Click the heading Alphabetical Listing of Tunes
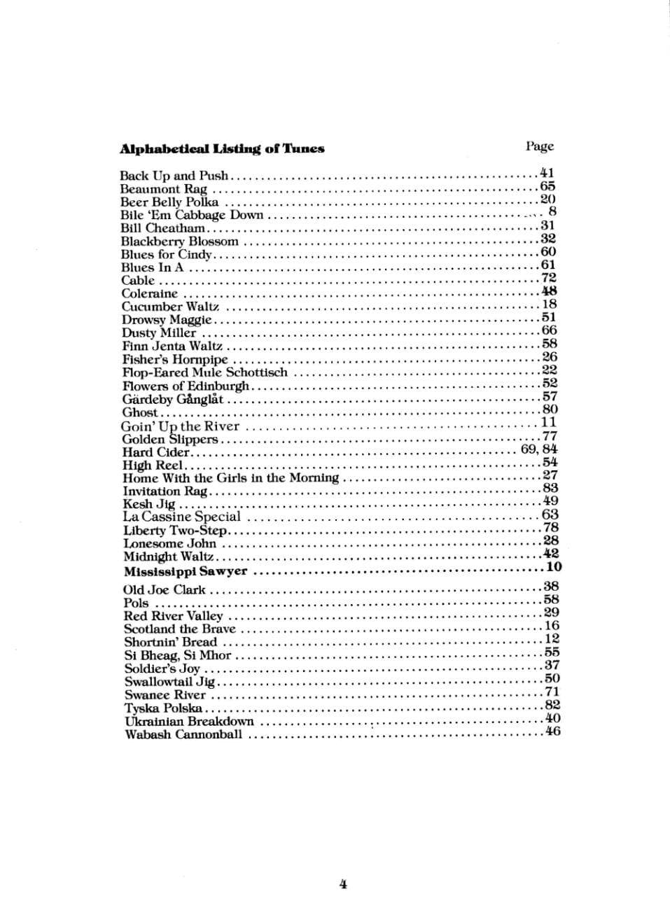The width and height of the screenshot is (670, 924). (222, 148)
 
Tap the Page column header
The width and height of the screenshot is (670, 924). (539, 146)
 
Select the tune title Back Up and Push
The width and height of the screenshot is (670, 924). (174, 176)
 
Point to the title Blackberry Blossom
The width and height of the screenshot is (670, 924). (180, 241)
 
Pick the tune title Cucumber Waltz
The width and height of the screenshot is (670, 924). (170, 307)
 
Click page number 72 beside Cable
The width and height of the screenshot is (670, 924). (549, 279)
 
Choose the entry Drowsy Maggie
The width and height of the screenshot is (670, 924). (167, 320)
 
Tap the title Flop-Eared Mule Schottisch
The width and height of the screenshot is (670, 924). (204, 372)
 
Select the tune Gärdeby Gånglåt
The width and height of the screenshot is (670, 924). (173, 400)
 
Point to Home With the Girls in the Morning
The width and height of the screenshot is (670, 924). (230, 478)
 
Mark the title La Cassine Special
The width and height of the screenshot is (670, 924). (181, 517)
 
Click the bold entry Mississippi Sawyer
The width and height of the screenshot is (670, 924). (186, 571)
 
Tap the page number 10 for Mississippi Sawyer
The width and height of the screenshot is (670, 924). (554, 567)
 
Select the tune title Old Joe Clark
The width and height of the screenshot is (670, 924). (165, 590)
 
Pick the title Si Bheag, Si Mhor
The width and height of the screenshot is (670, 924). (178, 656)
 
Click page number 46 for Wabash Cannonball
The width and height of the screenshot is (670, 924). (553, 731)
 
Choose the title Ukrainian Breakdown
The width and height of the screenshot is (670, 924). (189, 722)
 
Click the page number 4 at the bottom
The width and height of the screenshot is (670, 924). (343, 883)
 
